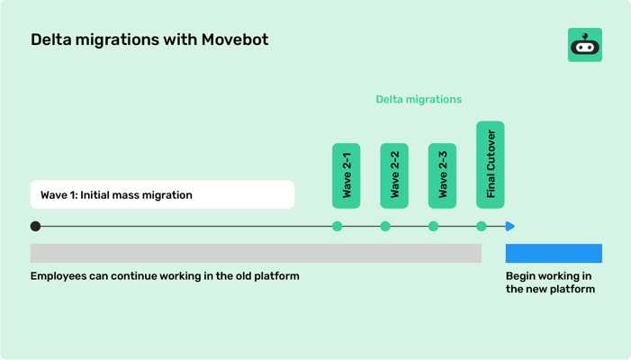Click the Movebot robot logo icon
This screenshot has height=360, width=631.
pyautogui.click(x=584, y=44)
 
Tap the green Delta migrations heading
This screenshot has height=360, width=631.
pyautogui.click(x=419, y=99)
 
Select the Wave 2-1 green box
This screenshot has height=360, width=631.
pyautogui.click(x=347, y=175)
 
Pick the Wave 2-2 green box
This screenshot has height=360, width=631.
pyautogui.click(x=394, y=175)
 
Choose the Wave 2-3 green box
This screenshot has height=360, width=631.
pyautogui.click(x=442, y=175)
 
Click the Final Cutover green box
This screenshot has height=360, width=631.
pyautogui.click(x=490, y=165)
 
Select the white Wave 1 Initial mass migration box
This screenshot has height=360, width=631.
pyautogui.click(x=162, y=194)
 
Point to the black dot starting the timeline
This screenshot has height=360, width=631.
pyautogui.click(x=35, y=227)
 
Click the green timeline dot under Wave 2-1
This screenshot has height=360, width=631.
pyautogui.click(x=338, y=227)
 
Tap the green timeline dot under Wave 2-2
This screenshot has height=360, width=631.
pyautogui.click(x=385, y=227)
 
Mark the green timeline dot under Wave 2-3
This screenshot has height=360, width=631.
pyautogui.click(x=433, y=227)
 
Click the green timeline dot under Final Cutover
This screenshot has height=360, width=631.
pyautogui.click(x=482, y=227)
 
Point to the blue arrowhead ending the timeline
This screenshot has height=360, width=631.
pyautogui.click(x=510, y=227)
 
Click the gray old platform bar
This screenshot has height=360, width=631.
pyautogui.click(x=256, y=253)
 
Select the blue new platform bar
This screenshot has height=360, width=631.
pyautogui.click(x=554, y=253)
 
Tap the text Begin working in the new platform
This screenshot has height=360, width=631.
pyautogui.click(x=549, y=283)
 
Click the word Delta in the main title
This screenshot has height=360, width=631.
pyautogui.click(x=50, y=40)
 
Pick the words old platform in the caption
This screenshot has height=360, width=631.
pyautogui.click(x=266, y=276)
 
